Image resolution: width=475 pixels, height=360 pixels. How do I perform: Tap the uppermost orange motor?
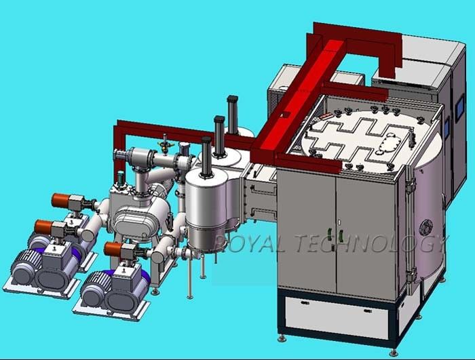click(x=60, y=200)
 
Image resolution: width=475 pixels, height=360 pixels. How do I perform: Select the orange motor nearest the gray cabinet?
click(x=113, y=249)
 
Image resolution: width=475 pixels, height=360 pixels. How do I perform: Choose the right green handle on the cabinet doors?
click(x=341, y=235)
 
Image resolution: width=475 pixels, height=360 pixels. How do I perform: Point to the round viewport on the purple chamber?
click(x=426, y=227)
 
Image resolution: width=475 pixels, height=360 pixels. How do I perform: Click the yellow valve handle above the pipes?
click(x=165, y=145)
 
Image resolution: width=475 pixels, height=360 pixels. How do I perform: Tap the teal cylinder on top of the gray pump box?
click(x=121, y=177)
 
